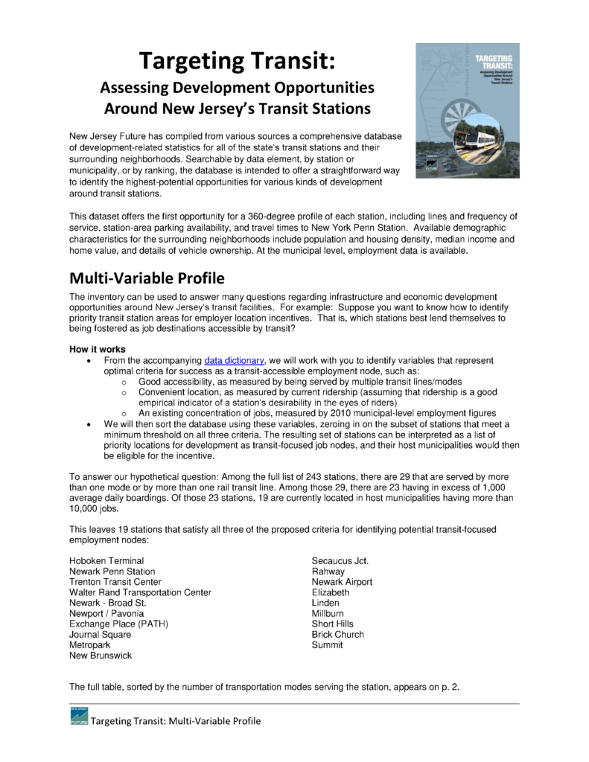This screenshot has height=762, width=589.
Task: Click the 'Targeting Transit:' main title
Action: click(237, 60)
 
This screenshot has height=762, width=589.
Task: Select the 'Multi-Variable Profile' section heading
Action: click(147, 279)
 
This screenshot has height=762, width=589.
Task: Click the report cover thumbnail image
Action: click(467, 109)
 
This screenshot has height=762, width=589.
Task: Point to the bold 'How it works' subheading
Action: click(98, 349)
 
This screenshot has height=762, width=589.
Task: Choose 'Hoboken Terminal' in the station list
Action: click(106, 560)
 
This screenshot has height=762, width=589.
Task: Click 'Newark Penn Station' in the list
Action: click(112, 571)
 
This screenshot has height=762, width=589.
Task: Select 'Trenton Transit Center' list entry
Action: click(115, 581)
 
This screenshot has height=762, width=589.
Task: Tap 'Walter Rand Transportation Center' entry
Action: click(140, 592)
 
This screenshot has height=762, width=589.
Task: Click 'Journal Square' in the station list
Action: click(100, 634)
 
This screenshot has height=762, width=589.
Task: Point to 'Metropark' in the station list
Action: click(91, 645)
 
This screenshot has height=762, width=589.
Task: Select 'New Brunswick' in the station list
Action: click(101, 656)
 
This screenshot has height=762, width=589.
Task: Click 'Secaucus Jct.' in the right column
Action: click(340, 560)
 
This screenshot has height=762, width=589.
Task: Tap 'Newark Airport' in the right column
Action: click(342, 581)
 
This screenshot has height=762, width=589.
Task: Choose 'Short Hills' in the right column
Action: click(333, 624)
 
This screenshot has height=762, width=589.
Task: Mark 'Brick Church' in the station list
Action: click(338, 634)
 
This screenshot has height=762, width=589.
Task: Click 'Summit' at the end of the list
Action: click(328, 645)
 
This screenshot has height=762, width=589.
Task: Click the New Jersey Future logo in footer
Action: click(78, 716)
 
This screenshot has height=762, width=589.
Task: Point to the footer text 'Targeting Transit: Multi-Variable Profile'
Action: click(176, 721)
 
